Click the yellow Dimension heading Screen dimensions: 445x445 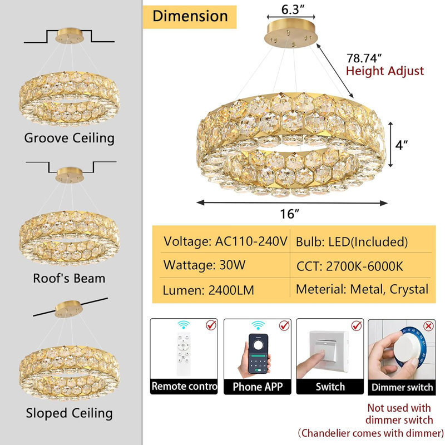190,17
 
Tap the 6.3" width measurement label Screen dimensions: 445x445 293,9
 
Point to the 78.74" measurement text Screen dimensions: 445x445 364,58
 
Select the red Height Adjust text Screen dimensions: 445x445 385,71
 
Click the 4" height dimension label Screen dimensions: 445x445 402,145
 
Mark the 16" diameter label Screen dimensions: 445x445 290,214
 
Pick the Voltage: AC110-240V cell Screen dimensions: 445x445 225,241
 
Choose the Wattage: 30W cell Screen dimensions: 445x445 204,265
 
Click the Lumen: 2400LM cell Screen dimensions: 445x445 208,290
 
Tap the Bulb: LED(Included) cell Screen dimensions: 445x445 352,242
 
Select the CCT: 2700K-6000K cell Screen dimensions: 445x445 350,266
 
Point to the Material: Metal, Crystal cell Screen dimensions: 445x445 362,289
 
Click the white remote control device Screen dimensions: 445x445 184,354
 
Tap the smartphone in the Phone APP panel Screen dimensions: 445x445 258,354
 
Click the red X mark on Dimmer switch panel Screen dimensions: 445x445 428,326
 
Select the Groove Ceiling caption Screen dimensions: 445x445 69,138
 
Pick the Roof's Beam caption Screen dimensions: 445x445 69,278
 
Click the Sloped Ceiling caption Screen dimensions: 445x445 69,413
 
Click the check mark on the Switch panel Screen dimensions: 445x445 357,325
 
